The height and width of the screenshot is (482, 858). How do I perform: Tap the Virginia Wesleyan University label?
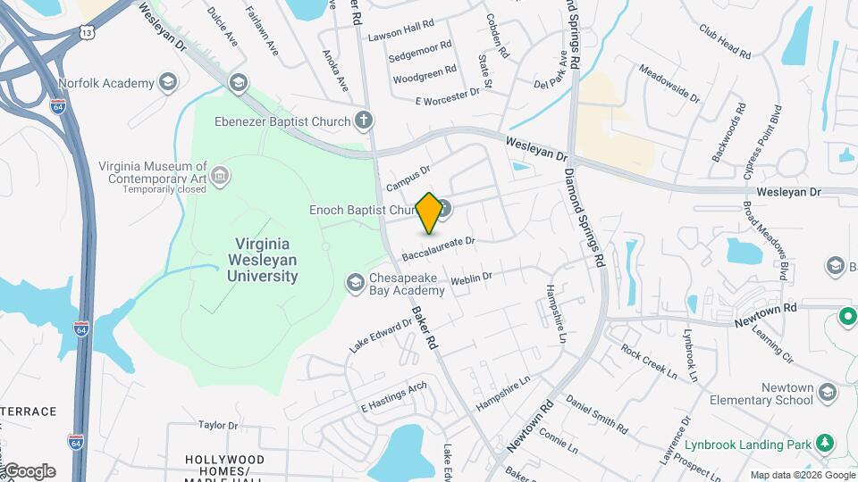pyautogui.click(x=266, y=260)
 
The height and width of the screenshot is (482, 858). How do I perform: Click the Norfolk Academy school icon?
pyautogui.click(x=167, y=84)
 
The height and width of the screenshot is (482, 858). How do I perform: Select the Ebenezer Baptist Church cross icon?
pyautogui.click(x=363, y=119)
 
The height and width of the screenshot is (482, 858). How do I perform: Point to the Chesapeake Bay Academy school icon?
pyautogui.click(x=355, y=283)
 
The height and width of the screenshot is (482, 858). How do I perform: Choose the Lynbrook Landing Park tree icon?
pyautogui.click(x=826, y=443)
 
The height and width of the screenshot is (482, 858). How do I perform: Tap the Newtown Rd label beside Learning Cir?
pyautogui.click(x=765, y=309)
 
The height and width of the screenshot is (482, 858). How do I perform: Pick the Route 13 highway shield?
pyautogui.click(x=86, y=32)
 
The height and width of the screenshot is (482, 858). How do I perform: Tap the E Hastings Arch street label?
pyautogui.click(x=393, y=397)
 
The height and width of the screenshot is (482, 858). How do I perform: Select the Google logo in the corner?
pyautogui.click(x=29, y=470)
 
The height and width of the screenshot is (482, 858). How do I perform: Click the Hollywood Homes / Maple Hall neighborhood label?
pyautogui.click(x=224, y=466)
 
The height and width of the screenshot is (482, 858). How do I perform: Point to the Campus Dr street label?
pyautogui.click(x=408, y=177)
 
